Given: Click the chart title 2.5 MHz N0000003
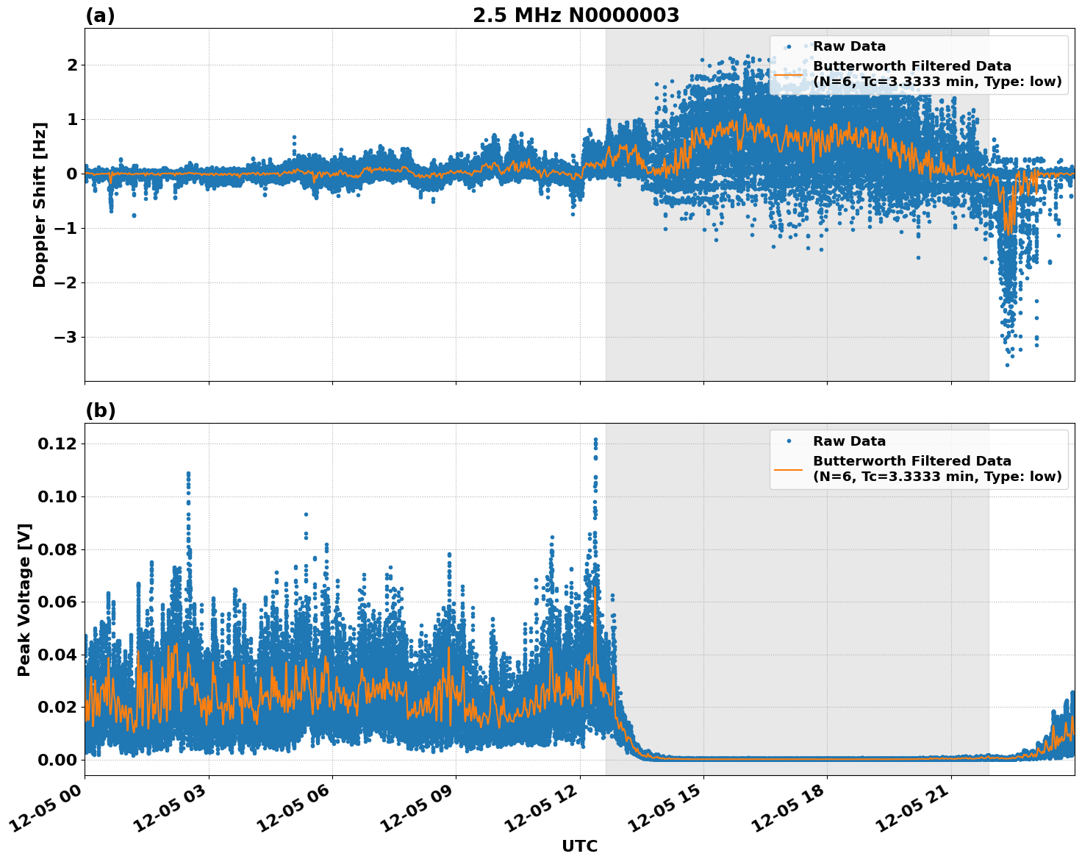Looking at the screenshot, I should point(576,15).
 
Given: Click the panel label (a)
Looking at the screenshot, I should point(100,15).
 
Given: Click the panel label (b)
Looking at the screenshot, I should point(100,410).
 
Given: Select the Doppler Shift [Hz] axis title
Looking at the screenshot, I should point(40,204).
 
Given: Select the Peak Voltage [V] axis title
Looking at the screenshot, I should point(24,599).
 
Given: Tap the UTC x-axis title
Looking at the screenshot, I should point(579,846).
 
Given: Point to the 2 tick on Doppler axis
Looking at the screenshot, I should point(72,65).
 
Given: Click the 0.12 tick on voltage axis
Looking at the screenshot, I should point(57,444).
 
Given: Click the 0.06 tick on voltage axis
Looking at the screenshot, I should point(57,602).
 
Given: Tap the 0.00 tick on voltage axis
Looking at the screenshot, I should point(57,760).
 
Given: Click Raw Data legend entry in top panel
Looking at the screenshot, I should point(849,46).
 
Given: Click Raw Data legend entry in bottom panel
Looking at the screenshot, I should point(849,441).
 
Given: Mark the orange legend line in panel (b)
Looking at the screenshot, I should point(788,469).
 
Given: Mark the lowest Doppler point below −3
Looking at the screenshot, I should point(1007,365).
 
